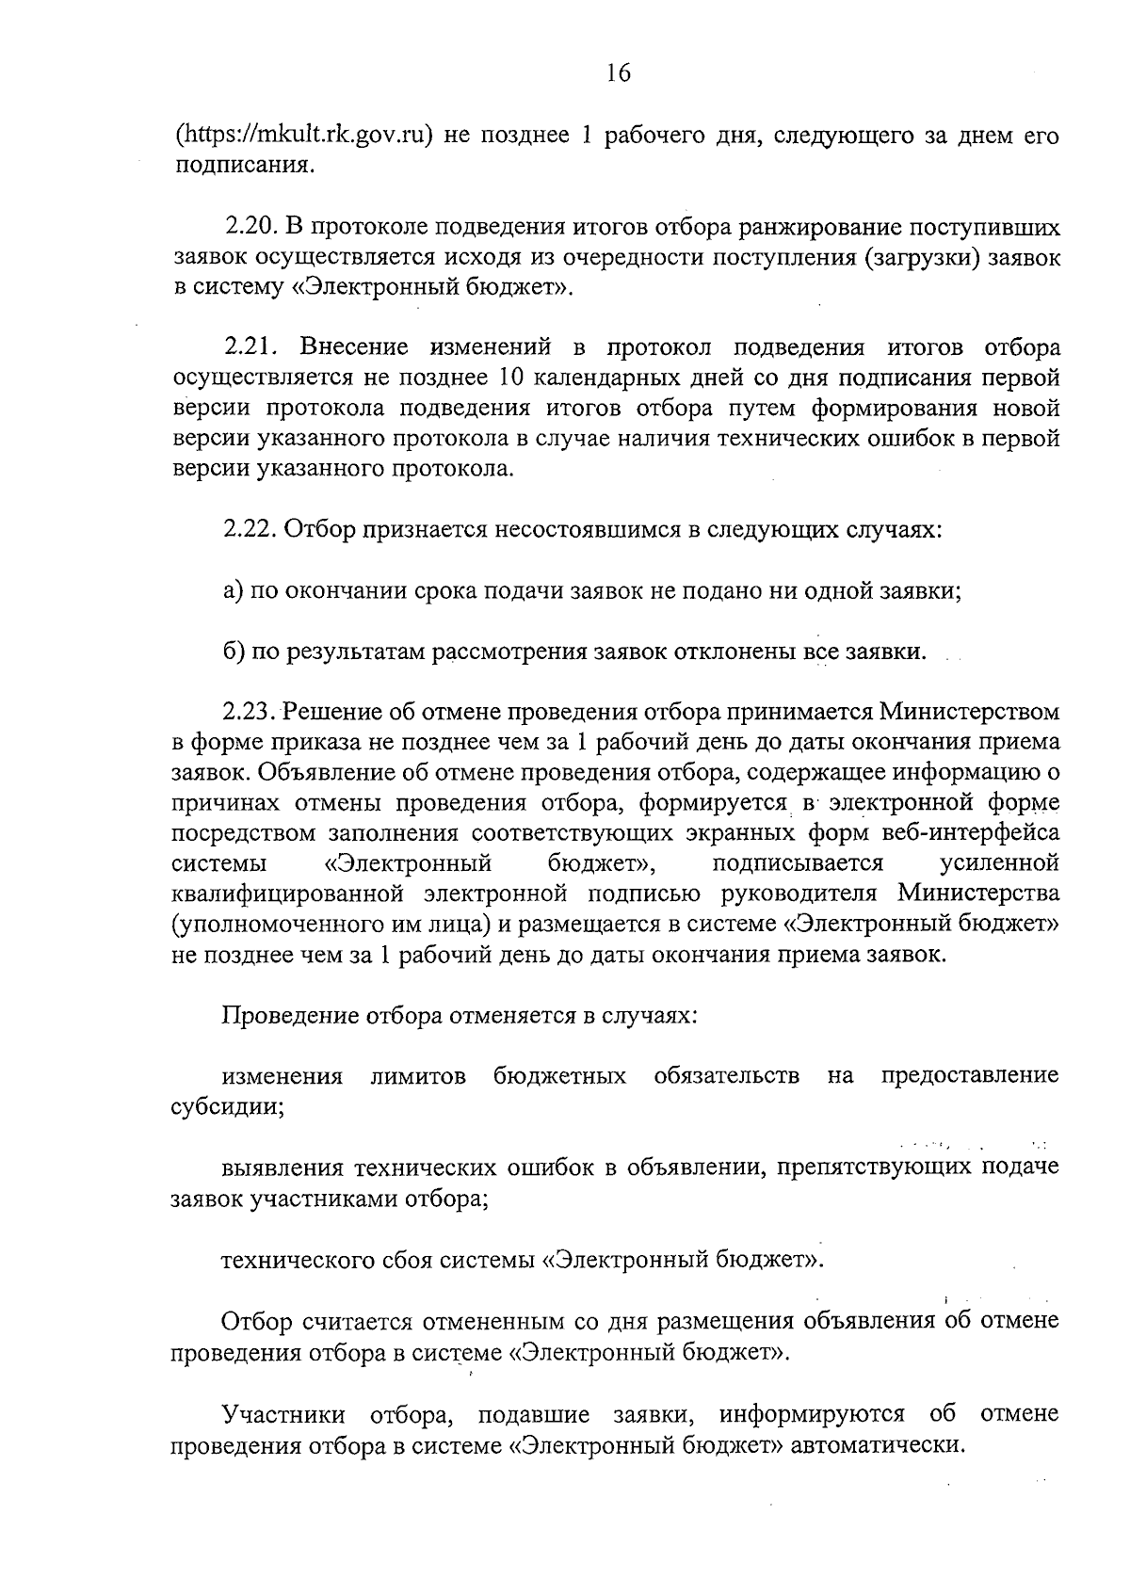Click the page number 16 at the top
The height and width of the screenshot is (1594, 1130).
coord(618,73)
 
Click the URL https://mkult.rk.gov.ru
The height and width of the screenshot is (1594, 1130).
coord(303,136)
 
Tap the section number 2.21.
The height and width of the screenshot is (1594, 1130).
coord(249,348)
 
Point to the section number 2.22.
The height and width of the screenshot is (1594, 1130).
coord(249,530)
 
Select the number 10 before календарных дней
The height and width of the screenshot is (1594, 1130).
coord(503,378)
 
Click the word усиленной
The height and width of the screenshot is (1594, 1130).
coord(999,862)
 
